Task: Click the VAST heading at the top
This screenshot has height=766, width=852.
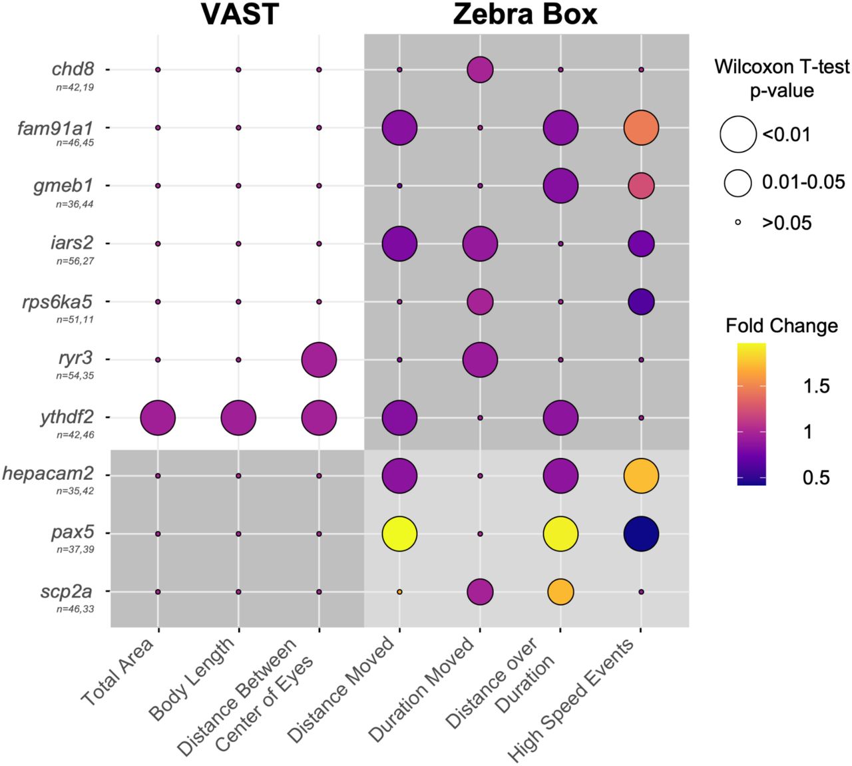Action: (240, 14)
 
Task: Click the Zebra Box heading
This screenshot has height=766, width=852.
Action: (525, 14)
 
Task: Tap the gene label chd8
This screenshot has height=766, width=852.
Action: (73, 69)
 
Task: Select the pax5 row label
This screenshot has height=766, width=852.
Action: (73, 533)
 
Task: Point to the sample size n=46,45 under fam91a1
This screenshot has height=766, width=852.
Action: (75, 142)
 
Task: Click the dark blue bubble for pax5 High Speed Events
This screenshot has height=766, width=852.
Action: (641, 534)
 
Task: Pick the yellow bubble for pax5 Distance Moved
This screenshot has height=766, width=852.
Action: (399, 534)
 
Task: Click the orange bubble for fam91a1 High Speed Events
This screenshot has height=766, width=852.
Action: (641, 128)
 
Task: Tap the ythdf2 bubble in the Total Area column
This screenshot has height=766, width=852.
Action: (158, 418)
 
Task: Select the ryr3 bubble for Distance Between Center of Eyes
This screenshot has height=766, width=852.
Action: (319, 360)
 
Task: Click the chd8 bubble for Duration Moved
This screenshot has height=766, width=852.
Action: (480, 69)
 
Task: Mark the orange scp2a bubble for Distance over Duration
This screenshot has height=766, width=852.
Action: (560, 592)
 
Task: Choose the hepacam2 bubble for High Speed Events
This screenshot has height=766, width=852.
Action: (641, 476)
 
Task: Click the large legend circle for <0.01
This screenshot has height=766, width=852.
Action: (738, 134)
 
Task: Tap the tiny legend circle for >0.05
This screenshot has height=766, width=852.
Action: (738, 222)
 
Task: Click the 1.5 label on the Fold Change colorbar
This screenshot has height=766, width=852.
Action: (817, 386)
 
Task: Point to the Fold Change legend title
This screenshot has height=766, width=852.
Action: (781, 326)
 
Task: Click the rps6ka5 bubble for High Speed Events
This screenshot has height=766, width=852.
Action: (641, 301)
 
